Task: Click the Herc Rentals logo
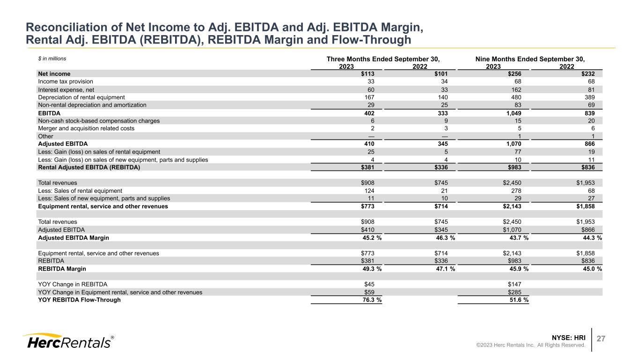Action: tap(67, 342)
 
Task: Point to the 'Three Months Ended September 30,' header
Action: tap(383, 59)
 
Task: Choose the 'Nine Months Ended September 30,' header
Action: tap(530, 59)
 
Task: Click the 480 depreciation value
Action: tap(516, 97)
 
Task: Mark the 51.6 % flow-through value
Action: tap(516, 300)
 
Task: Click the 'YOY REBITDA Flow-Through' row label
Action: tap(79, 300)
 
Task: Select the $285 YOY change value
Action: tap(514, 292)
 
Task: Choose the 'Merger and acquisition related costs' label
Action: tap(86, 128)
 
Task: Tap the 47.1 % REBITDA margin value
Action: tap(443, 269)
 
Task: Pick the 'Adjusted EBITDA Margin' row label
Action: tap(73, 238)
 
